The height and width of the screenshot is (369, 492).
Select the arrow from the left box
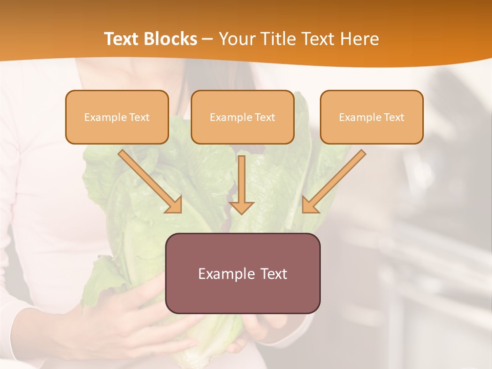tap(152, 182)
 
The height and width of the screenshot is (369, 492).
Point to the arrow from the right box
tap(333, 182)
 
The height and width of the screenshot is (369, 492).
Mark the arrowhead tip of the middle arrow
tap(241, 213)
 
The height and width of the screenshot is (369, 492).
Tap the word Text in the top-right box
tap(394, 117)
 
